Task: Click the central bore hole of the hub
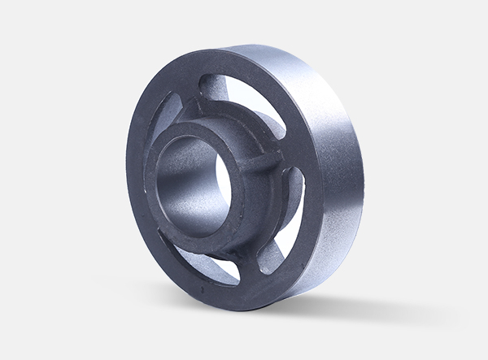tap(191, 175)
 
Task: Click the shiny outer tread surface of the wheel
tap(325, 163)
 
